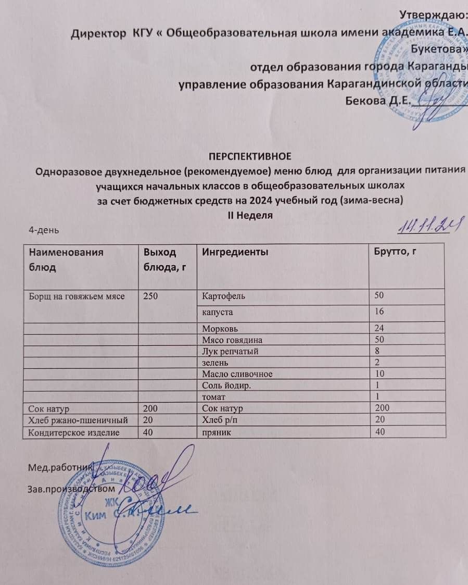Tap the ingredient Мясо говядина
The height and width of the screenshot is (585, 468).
point(232,340)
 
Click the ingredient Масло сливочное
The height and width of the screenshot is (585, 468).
point(237,374)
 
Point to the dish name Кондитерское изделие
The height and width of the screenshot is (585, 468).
point(73,432)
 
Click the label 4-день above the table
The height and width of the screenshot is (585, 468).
point(47,229)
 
